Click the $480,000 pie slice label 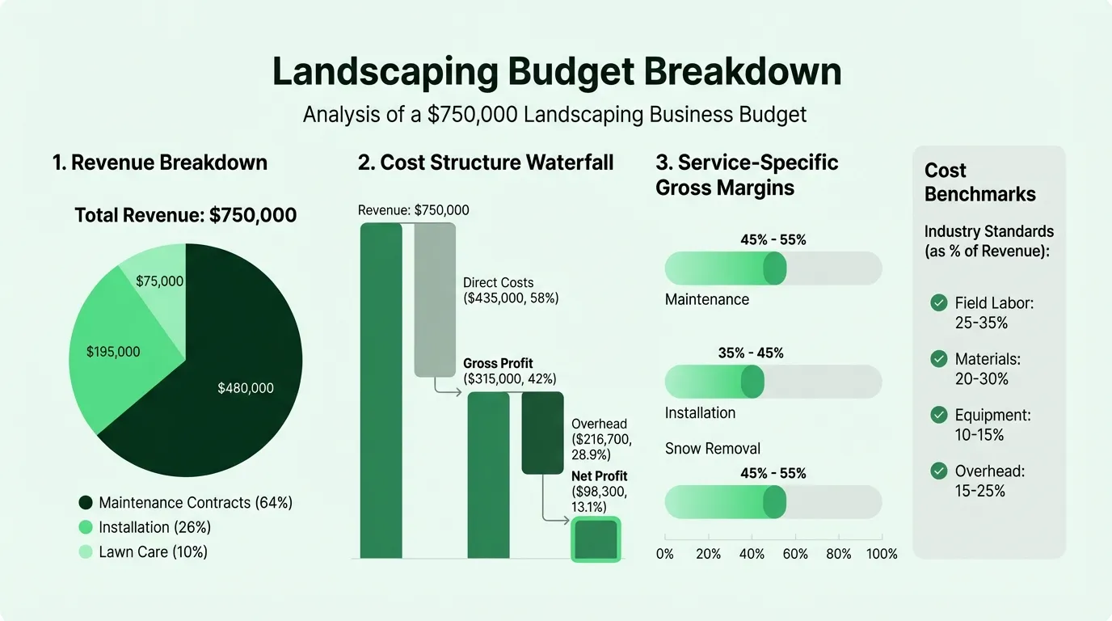click(x=246, y=388)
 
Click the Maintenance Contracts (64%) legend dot click(x=86, y=503)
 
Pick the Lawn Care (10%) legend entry click(x=144, y=552)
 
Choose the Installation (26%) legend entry click(x=145, y=527)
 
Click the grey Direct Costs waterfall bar click(x=435, y=299)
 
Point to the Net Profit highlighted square click(x=596, y=539)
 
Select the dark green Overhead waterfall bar click(x=542, y=433)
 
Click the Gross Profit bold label click(x=498, y=363)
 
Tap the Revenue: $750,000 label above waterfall click(x=413, y=210)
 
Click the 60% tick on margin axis click(x=795, y=554)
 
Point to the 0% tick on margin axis click(x=664, y=554)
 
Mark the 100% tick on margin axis click(x=882, y=554)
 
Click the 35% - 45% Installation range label click(x=751, y=353)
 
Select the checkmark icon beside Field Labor click(x=938, y=302)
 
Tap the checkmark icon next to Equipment click(x=938, y=415)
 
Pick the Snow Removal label click(x=712, y=448)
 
